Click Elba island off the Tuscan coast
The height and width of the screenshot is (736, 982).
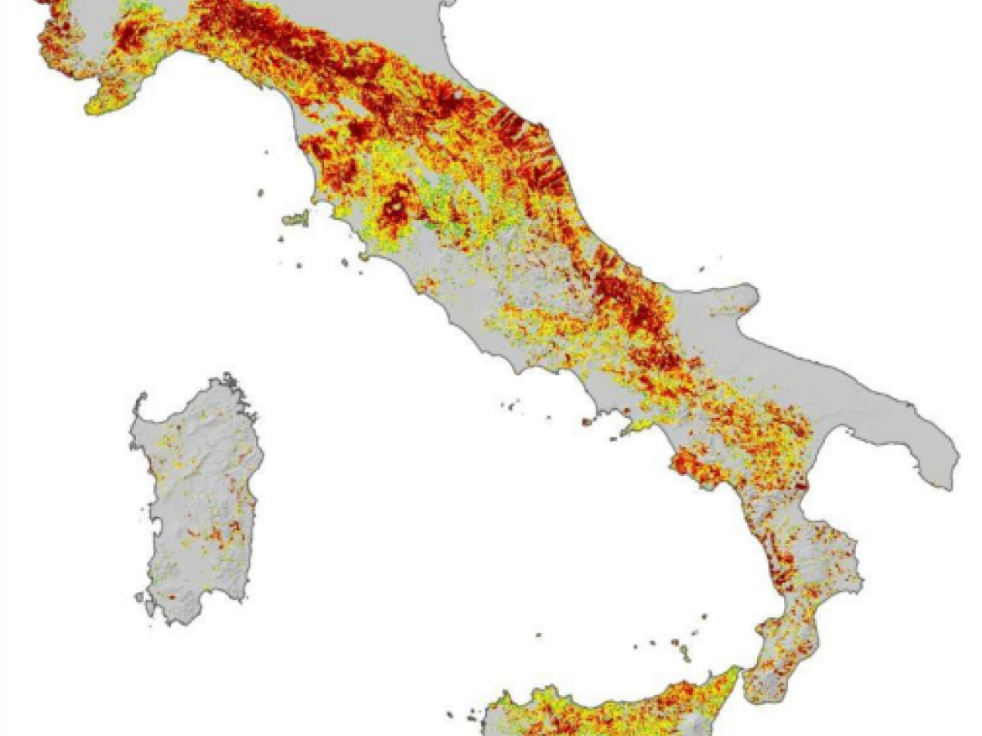tap(296, 219)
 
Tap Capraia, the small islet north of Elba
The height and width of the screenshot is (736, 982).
tap(261, 193)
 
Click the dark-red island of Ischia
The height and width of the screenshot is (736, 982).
tap(587, 423)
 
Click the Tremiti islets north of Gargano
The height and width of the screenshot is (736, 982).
tap(700, 267)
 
